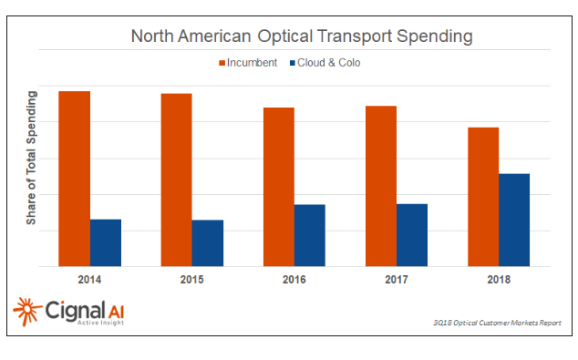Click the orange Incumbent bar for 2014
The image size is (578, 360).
pos(74,179)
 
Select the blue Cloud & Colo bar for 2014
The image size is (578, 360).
pos(106,242)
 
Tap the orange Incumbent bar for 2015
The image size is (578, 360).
pos(176,180)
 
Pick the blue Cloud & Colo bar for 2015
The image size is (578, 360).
pos(208,243)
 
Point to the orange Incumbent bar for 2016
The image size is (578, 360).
pos(279,187)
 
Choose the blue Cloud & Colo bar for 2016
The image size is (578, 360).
pos(310,235)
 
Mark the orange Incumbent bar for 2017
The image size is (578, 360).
pos(381,186)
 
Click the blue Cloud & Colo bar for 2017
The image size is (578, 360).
pos(412,234)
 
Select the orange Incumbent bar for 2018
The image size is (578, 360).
pos(483,197)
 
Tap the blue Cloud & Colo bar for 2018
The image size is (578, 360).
pos(514,220)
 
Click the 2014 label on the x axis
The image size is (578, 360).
pos(89,279)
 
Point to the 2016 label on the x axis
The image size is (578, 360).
pos(294,279)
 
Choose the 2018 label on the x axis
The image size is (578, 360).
pos(498,279)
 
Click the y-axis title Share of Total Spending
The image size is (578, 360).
pos(31,158)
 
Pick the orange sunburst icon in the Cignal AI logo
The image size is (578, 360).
pos(26,311)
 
